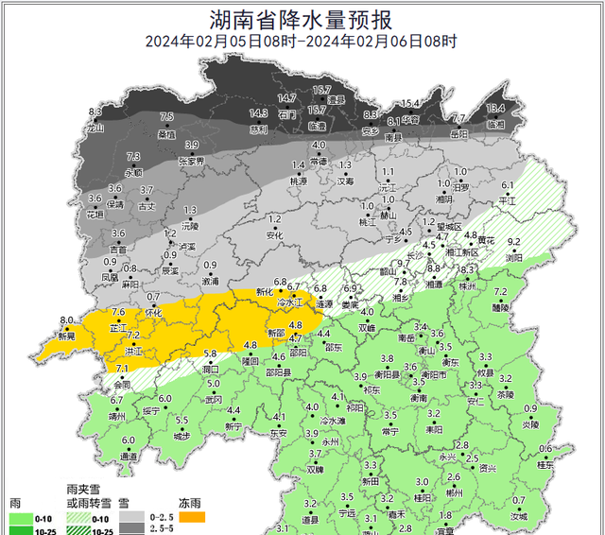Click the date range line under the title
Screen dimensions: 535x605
tap(302, 42)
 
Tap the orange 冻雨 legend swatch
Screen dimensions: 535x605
tap(193, 518)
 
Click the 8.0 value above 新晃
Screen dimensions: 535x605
tap(66, 321)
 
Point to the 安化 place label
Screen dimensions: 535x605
tap(275, 234)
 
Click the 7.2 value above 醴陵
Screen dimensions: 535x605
tap(501, 292)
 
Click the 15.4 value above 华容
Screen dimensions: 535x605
tap(410, 103)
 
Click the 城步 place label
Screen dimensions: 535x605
tap(182, 435)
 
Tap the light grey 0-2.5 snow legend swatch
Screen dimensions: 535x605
tap(138, 518)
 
